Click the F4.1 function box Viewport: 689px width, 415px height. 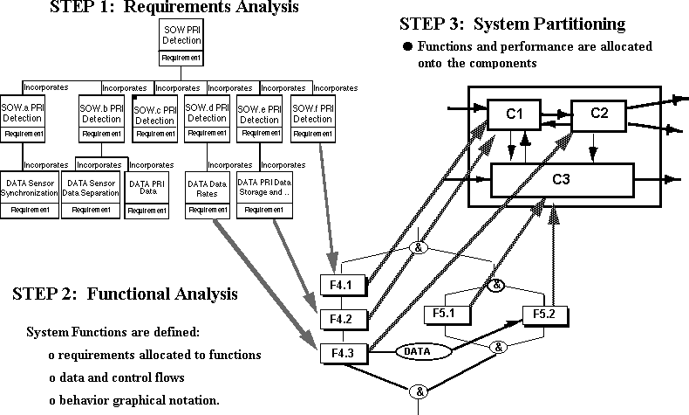click(x=340, y=285)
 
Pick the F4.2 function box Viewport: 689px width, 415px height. click(x=340, y=319)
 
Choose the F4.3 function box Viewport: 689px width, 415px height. click(x=340, y=352)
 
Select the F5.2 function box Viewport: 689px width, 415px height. click(x=538, y=314)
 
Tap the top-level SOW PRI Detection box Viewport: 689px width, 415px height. click(x=182, y=44)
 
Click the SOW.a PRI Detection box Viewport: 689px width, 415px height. click(x=24, y=120)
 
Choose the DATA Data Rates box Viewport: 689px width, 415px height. click(x=207, y=194)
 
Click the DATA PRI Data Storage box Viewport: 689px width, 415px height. click(x=263, y=194)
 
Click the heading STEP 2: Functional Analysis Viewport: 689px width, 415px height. click(x=125, y=294)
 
